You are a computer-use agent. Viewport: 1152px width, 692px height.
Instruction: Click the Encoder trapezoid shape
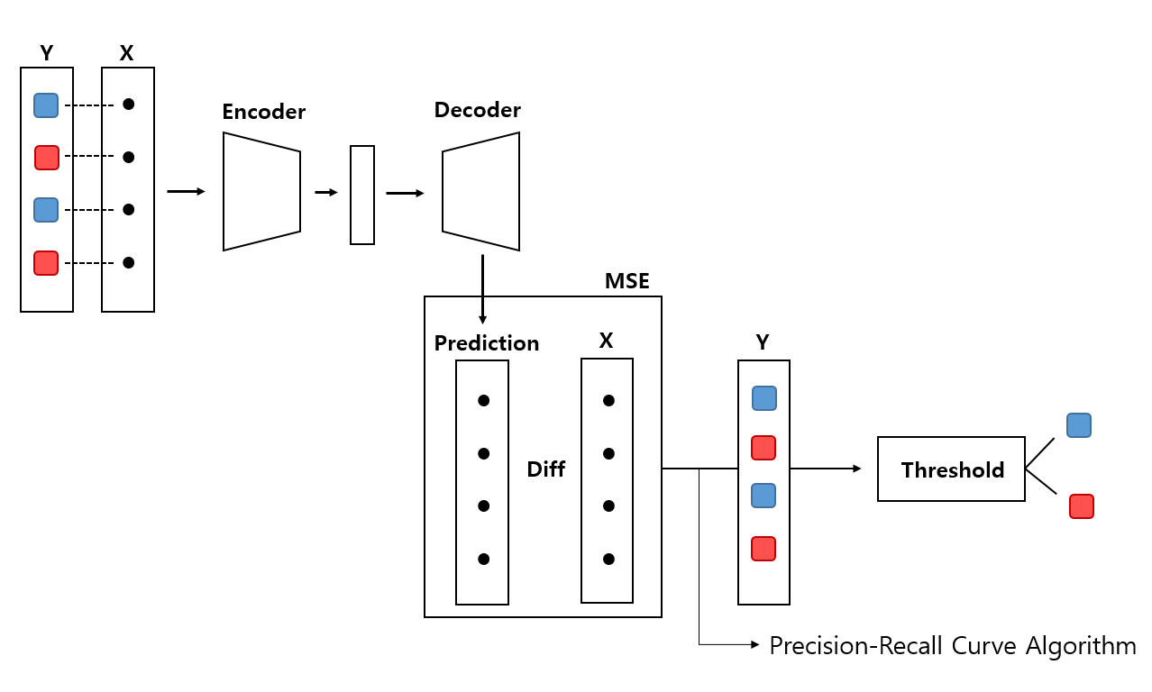coord(261,191)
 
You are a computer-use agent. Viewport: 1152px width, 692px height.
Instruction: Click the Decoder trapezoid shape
coord(480,191)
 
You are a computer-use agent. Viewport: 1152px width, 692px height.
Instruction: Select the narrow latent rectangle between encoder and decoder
coord(361,195)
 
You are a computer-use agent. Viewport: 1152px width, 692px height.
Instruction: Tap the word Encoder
coord(263,113)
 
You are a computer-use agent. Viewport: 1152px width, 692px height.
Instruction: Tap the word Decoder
coord(477,111)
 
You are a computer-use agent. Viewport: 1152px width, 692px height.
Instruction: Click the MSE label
coord(626,282)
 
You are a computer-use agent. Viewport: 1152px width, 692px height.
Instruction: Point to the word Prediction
coord(486,343)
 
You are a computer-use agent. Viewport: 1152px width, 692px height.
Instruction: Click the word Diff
coord(545,469)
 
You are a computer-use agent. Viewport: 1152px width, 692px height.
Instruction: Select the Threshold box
coord(951,469)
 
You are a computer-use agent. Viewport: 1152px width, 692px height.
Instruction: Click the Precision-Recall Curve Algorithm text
coord(952,646)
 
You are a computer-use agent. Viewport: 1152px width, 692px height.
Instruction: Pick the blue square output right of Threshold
coord(1078,425)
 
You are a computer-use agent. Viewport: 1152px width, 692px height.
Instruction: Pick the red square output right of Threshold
coord(1081,506)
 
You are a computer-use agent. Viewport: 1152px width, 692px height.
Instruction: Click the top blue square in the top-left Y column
coord(46,105)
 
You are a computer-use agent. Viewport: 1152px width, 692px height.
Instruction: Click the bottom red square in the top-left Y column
coord(46,263)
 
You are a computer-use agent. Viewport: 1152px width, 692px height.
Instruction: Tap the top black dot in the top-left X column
coord(128,105)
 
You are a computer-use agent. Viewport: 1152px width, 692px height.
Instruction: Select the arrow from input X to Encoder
coord(186,191)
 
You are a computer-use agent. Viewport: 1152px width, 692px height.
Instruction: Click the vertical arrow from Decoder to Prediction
coord(482,288)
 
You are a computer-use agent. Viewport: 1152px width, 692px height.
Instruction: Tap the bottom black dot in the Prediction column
coord(483,559)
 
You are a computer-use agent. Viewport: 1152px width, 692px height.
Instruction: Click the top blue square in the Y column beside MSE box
coord(763,398)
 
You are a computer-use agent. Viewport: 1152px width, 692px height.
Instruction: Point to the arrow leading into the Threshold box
coord(825,469)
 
